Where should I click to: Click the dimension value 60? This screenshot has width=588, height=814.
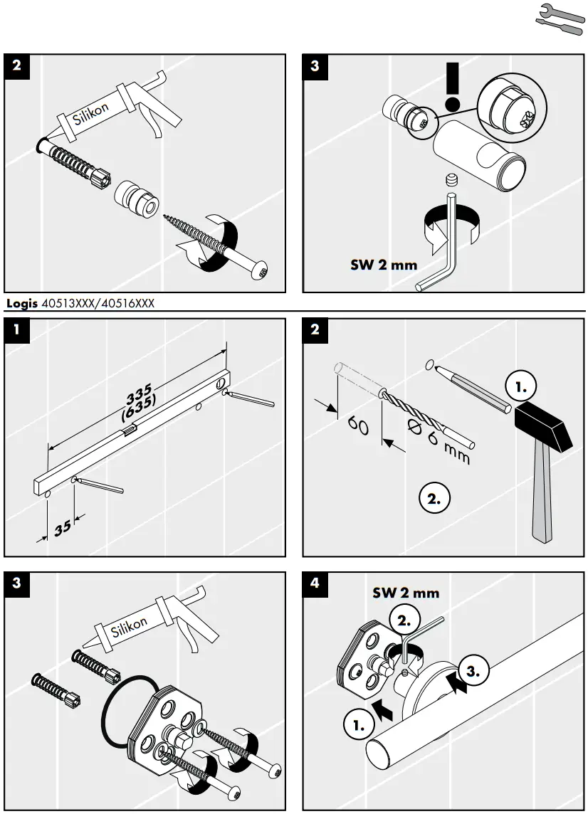click(x=357, y=428)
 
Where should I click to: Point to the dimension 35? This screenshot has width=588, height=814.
click(x=63, y=527)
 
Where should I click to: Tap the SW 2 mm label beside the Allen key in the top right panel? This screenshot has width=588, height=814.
click(x=384, y=265)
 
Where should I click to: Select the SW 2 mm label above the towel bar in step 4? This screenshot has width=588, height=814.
click(x=406, y=593)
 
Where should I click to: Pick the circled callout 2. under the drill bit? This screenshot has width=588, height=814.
click(x=435, y=497)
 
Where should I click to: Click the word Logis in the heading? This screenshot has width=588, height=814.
click(x=21, y=304)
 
